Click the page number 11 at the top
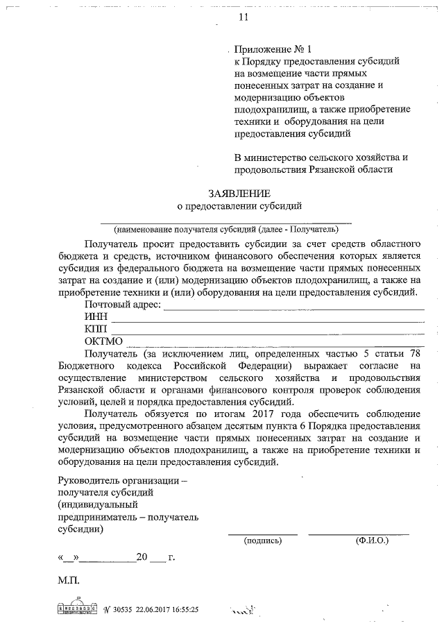point(243,17)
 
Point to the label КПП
point(96,328)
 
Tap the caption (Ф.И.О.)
point(371,539)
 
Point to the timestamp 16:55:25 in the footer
point(182,610)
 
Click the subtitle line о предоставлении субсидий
point(240,206)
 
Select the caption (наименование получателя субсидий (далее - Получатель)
point(227,228)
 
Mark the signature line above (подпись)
point(263,533)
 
